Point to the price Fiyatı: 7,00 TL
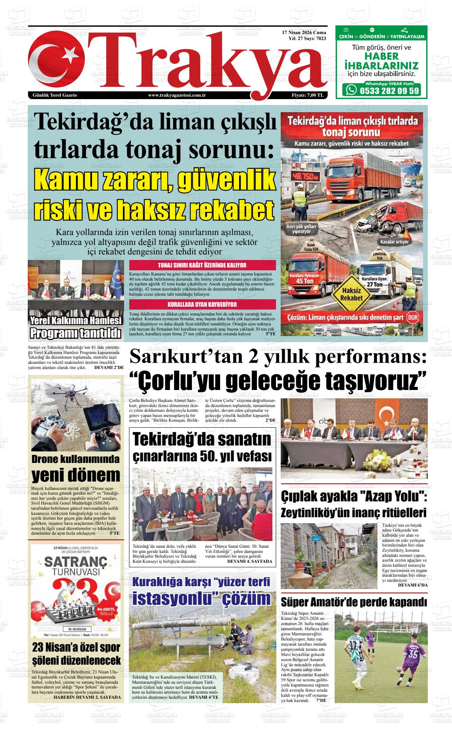point(308,95)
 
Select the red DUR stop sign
point(413,318)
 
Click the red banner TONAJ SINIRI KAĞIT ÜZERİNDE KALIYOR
point(202,265)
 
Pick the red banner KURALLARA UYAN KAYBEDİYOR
point(202,304)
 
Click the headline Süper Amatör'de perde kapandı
point(354,602)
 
